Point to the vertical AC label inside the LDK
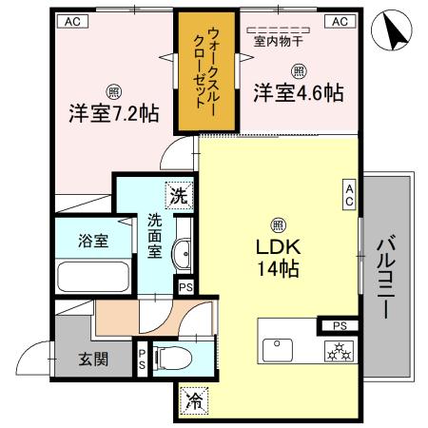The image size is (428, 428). (x=350, y=195)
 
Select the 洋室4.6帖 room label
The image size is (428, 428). (x=299, y=93)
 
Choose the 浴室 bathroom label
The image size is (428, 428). (x=93, y=242)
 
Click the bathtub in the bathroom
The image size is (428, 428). (x=93, y=279)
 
